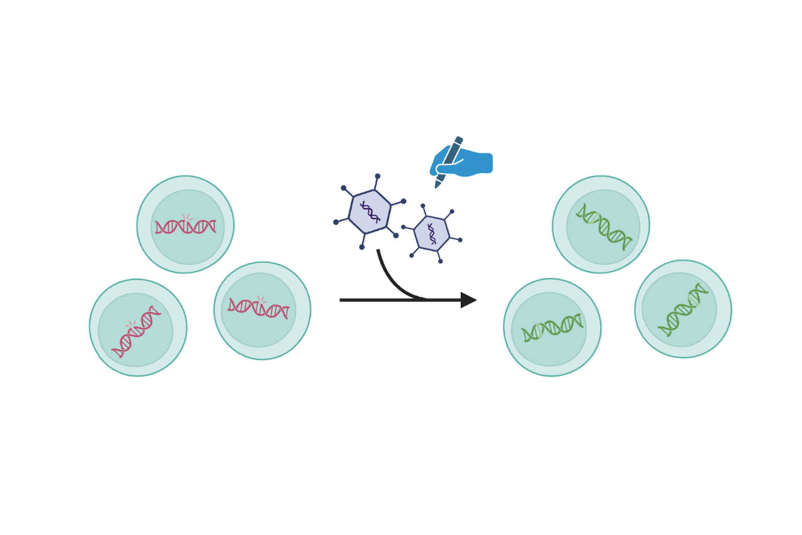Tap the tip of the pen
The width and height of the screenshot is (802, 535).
[437, 187]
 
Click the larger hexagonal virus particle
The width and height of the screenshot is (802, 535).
[370, 211]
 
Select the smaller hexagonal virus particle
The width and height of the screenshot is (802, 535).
[431, 233]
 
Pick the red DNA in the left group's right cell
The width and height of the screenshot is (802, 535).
[258, 308]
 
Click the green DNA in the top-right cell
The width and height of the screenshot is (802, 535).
[604, 226]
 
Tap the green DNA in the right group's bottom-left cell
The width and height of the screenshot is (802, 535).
[552, 327]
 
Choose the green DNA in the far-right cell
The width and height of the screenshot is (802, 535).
[683, 309]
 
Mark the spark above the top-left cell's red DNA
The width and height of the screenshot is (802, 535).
[186, 217]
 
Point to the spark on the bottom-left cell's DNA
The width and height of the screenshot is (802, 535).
[131, 324]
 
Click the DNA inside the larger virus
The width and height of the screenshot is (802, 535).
[370, 211]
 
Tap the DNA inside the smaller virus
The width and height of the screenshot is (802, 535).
[431, 233]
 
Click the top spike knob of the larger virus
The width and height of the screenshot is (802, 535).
[378, 176]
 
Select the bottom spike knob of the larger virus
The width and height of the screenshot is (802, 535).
[362, 247]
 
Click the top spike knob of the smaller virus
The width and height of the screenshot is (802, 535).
[423, 206]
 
